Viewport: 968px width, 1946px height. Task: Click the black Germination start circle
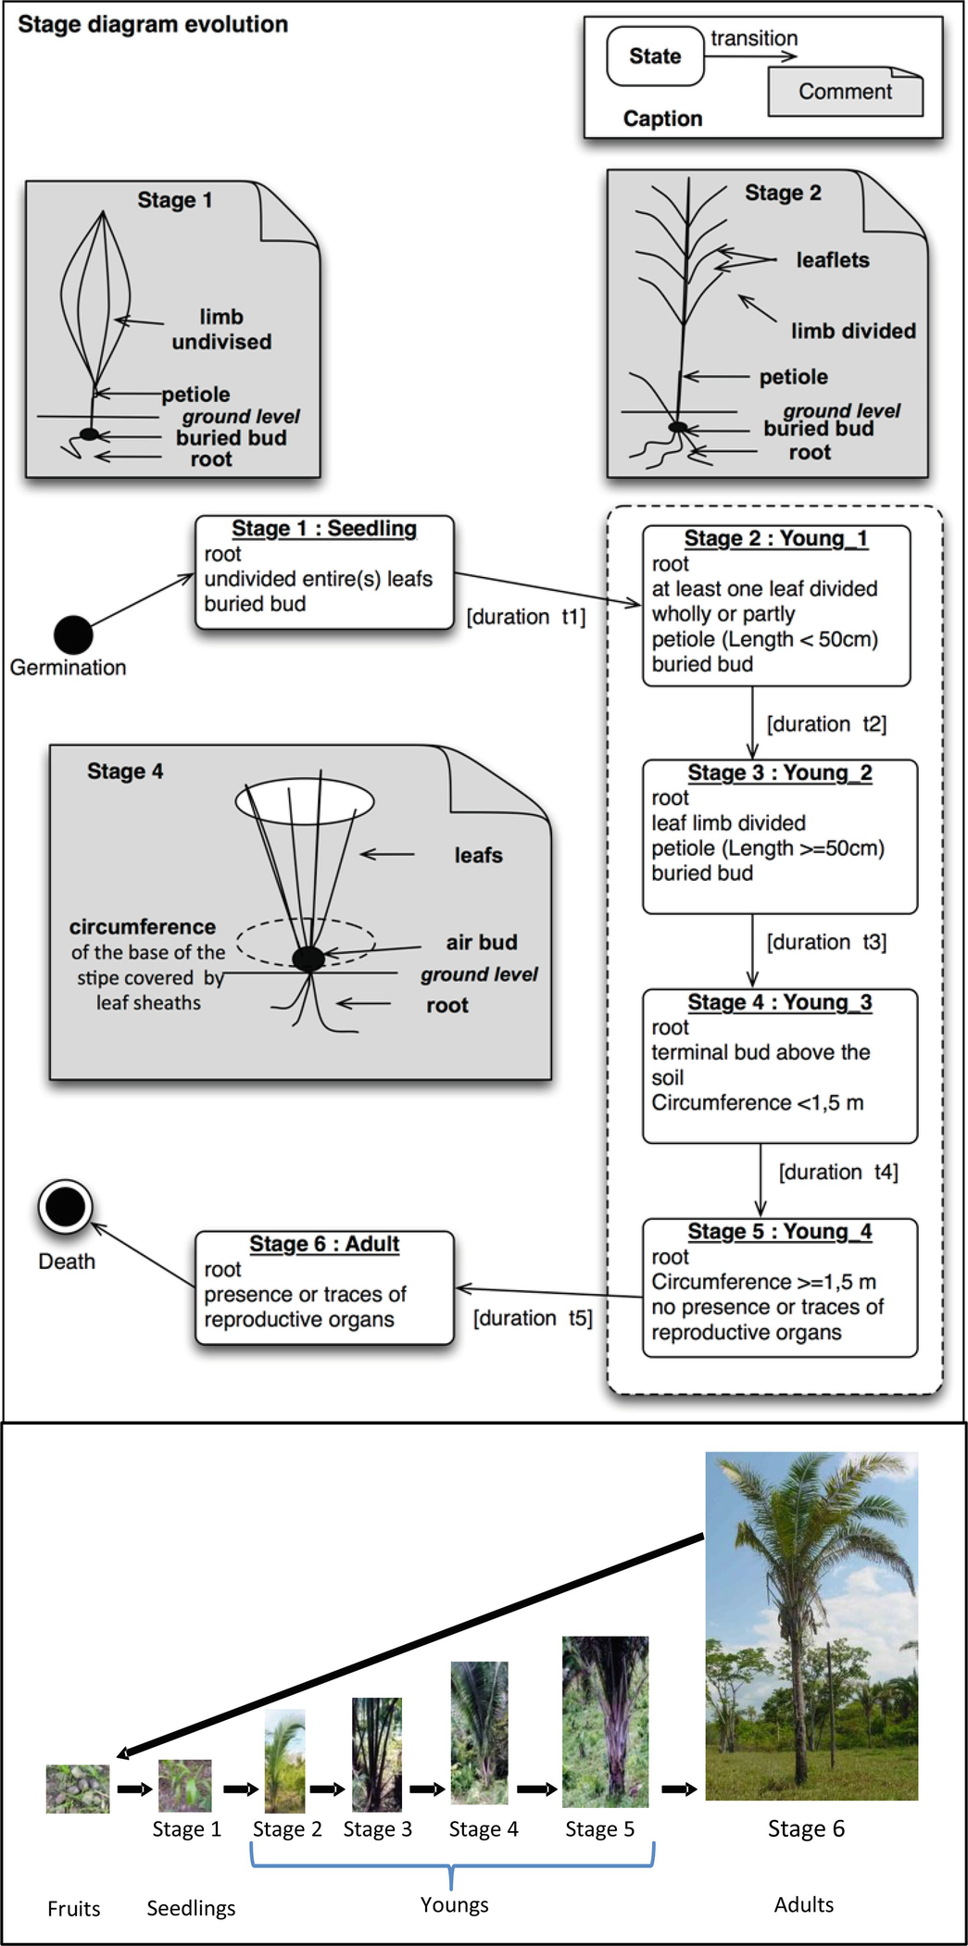coord(73,634)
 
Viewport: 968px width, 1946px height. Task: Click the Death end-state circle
coord(65,1207)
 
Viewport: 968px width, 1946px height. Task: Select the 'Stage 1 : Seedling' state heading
coord(324,529)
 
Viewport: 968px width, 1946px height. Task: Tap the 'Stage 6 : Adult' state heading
coord(324,1244)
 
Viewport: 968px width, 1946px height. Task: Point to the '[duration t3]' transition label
coord(826,942)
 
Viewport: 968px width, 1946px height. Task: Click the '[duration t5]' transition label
coord(533,1318)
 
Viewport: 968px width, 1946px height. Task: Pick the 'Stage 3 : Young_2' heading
coord(780,773)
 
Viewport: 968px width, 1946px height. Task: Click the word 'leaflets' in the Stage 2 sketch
coord(833,260)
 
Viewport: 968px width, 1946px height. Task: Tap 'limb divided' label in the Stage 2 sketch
coord(853,331)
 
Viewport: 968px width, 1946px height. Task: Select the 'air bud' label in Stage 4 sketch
coord(482,942)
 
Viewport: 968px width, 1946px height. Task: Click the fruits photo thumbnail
coord(78,1789)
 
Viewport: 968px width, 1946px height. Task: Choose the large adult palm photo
coord(811,1626)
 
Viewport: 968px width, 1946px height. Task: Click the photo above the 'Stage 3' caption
coord(377,1754)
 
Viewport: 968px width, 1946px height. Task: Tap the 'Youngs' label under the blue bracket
coord(454,1904)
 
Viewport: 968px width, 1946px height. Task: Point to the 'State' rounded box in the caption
coord(655,56)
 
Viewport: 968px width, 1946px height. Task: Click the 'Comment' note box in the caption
coord(845,92)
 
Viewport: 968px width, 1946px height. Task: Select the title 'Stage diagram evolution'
coord(153,24)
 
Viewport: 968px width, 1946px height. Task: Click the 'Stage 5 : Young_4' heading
coord(780,1232)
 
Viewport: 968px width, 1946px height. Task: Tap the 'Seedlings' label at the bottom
coord(191,1908)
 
